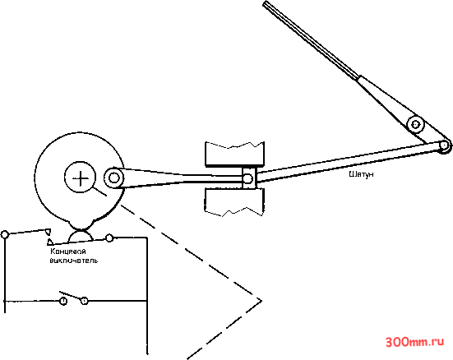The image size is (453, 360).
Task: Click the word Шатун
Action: click(361, 174)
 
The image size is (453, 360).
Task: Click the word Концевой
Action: click(68, 251)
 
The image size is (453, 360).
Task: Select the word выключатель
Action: click(74, 260)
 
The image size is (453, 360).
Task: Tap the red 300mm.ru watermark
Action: click(414, 342)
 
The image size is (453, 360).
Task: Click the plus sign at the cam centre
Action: click(81, 178)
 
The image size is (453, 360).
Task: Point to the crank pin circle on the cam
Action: click(113, 178)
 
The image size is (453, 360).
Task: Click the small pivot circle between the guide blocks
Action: click(247, 178)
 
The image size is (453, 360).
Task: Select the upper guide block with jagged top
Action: click(234, 154)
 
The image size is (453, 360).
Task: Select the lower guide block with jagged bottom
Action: click(234, 202)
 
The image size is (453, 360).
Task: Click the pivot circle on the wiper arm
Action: click(415, 125)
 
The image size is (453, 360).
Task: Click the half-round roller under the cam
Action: click(81, 235)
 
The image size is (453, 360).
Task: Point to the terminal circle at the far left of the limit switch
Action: click(5, 234)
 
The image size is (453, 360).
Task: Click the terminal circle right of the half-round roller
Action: click(109, 238)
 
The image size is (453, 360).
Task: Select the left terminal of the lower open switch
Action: click(63, 301)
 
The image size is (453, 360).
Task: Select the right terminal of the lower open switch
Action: click(85, 301)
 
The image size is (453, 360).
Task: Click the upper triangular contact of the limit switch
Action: click(48, 232)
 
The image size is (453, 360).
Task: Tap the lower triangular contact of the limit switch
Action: click(50, 242)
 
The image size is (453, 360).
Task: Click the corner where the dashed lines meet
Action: click(261, 301)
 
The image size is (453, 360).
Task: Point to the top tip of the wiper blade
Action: click(266, 3)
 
